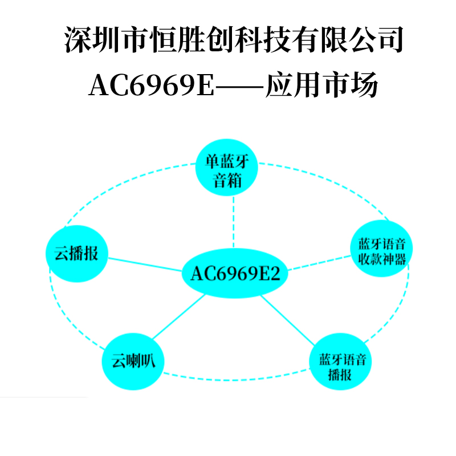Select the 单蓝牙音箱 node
(x=227, y=170)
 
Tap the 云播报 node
(x=76, y=253)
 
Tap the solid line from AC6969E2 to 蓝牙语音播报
(x=290, y=322)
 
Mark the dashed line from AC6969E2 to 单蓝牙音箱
(x=233, y=222)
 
